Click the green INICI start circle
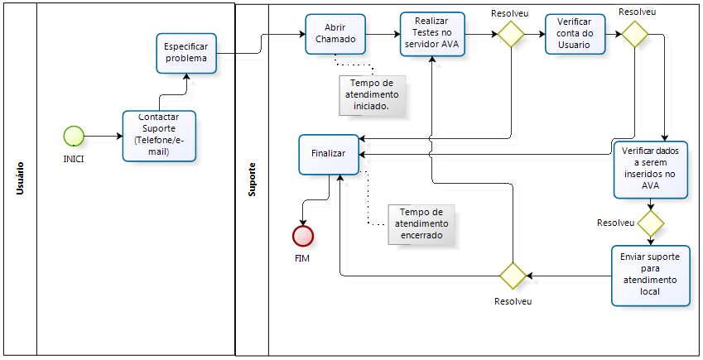click(x=74, y=136)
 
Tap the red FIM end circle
click(x=303, y=236)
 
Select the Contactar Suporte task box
click(x=159, y=135)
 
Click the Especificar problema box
click(x=187, y=53)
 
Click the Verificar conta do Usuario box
click(x=575, y=34)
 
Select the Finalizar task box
click(x=329, y=154)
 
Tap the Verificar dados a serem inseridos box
click(x=650, y=169)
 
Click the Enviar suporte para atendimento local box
click(x=650, y=275)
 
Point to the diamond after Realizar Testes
click(x=511, y=34)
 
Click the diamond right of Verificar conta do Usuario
click(x=635, y=34)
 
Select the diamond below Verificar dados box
click(x=650, y=223)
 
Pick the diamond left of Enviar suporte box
click(x=511, y=275)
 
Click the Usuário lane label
click(x=20, y=179)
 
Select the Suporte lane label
click(x=253, y=179)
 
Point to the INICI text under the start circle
click(x=74, y=158)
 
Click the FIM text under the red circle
click(x=303, y=259)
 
